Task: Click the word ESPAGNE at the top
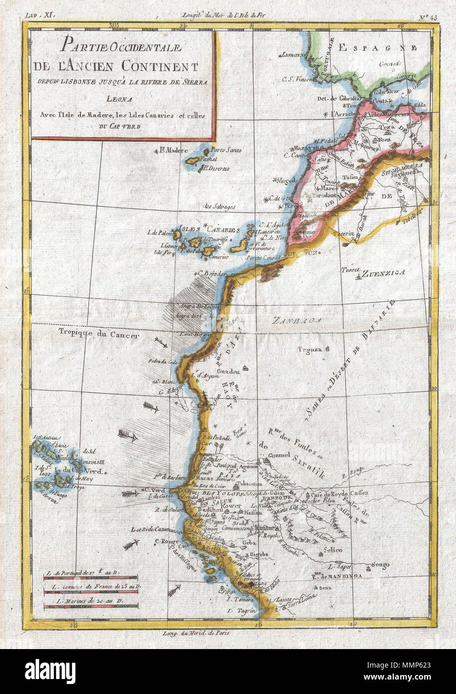pyautogui.click(x=377, y=47)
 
